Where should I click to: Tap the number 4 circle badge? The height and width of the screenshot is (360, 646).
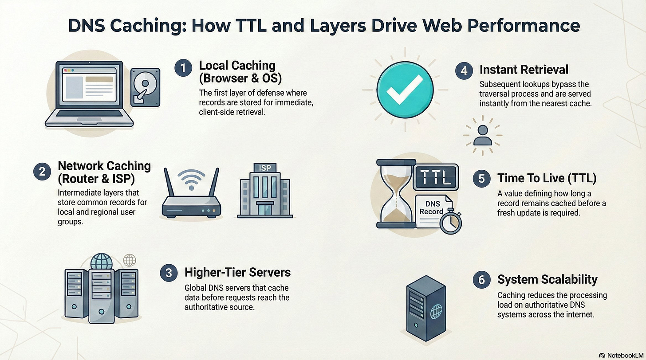[464, 70]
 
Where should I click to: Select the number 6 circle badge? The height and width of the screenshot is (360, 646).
[481, 280]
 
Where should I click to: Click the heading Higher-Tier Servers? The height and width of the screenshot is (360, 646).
[237, 272]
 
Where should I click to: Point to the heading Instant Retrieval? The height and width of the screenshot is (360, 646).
[524, 70]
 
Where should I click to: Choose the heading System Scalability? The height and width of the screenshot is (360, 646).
[547, 279]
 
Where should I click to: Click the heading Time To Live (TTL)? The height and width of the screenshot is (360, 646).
[547, 178]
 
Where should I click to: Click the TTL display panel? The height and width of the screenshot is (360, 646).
[435, 176]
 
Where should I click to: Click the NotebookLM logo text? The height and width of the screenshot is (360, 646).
[622, 355]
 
